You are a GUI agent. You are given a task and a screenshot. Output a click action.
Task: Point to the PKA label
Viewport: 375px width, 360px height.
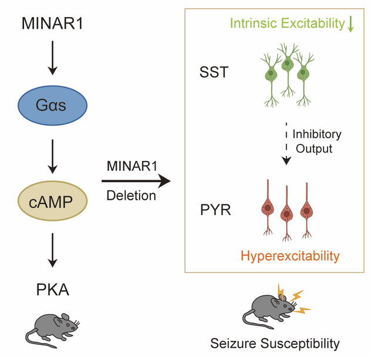[52, 290]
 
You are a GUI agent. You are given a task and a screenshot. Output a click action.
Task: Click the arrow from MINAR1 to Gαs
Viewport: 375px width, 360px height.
[52, 59]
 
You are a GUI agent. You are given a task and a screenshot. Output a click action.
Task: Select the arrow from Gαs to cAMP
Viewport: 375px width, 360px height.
[52, 154]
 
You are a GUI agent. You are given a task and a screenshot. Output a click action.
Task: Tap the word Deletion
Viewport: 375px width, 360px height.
[131, 196]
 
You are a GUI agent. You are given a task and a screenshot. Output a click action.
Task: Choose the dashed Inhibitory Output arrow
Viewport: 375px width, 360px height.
[287, 144]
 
